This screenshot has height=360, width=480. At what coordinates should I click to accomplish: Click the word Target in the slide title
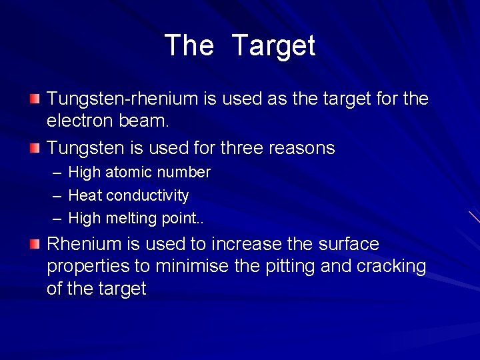pos(273,46)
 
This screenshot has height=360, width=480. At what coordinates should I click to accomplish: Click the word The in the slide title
pos(189,46)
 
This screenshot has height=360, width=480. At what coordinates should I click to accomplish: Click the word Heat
pos(85,195)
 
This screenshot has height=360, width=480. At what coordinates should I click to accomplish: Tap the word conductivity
pos(148,195)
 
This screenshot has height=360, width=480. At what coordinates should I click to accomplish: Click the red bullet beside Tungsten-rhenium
pos(35,99)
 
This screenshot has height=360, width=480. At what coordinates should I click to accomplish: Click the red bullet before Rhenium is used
pos(35,244)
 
